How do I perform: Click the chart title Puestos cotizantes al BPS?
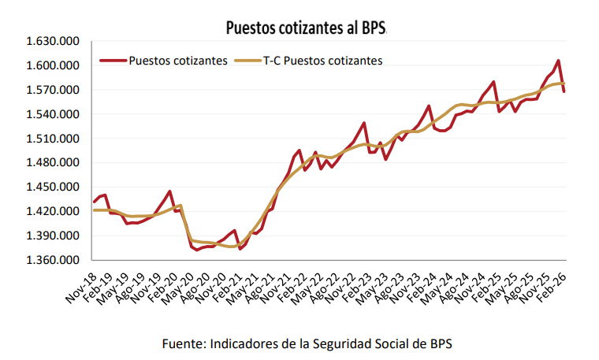[306, 28]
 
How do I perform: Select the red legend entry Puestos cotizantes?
[178, 60]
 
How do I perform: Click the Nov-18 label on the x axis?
[79, 285]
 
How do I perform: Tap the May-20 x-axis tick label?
[177, 285]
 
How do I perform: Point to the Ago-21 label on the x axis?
[259, 285]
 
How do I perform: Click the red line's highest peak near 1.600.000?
[558, 61]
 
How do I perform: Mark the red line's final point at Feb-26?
[564, 91]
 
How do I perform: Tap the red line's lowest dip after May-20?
[197, 250]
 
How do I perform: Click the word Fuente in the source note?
[180, 344]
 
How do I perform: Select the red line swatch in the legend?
[113, 60]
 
